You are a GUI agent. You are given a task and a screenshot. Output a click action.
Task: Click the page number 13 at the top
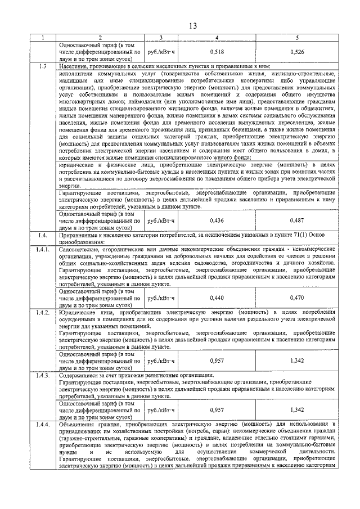(x=192, y=26)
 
